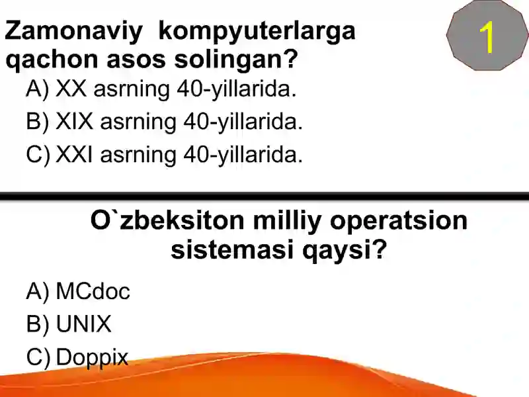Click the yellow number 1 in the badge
487,38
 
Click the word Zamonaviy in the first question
73,31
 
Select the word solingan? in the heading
235,60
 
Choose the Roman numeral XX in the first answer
71,89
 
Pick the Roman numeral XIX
75,122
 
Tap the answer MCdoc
93,291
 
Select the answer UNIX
84,324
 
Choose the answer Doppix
92,357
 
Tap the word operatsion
398,220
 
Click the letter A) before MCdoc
38,291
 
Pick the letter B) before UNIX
38,324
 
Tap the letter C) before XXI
38,155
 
